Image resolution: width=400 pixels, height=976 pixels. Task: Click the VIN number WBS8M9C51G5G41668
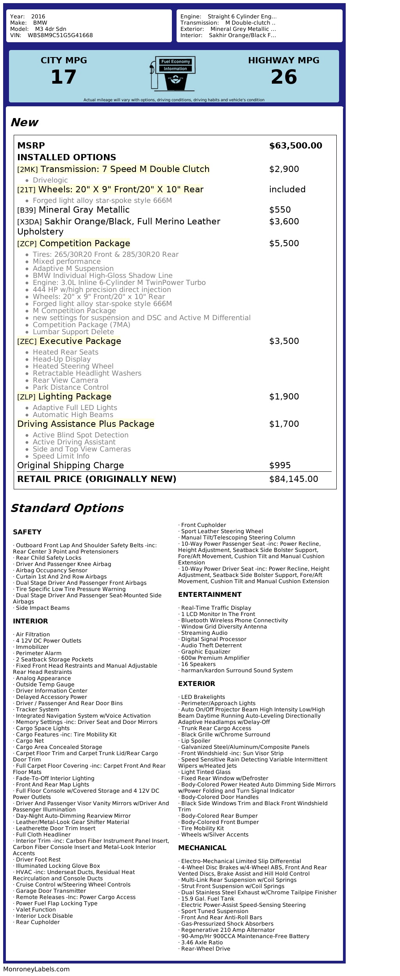click(60, 36)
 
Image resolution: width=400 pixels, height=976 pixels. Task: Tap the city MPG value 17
click(64, 77)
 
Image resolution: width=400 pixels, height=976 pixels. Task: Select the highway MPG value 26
click(284, 77)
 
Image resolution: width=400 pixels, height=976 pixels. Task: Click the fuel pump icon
click(173, 73)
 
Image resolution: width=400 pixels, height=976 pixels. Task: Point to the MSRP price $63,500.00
click(295, 146)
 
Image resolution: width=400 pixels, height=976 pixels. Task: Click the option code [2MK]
click(27, 170)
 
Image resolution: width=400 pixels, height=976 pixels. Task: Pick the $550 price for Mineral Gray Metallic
click(280, 210)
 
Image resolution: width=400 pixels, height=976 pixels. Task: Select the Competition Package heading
click(84, 244)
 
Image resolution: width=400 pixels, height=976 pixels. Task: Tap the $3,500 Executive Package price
click(284, 341)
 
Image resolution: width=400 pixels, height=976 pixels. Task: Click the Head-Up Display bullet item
click(62, 359)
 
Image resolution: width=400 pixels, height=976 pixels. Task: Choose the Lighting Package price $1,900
click(284, 397)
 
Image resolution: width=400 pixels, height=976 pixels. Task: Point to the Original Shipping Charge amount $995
click(280, 466)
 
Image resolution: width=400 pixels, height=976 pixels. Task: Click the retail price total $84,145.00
click(293, 479)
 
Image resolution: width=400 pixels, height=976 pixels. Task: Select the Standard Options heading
click(67, 508)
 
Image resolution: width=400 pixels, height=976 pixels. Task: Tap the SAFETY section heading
click(27, 532)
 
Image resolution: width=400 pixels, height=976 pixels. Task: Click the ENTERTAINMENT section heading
click(210, 595)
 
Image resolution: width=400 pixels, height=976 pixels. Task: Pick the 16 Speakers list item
click(198, 664)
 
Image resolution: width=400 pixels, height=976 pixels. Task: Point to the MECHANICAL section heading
click(202, 848)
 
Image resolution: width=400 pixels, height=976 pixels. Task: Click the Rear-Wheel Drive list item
click(205, 949)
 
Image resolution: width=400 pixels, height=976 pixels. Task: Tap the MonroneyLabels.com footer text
click(36, 969)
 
